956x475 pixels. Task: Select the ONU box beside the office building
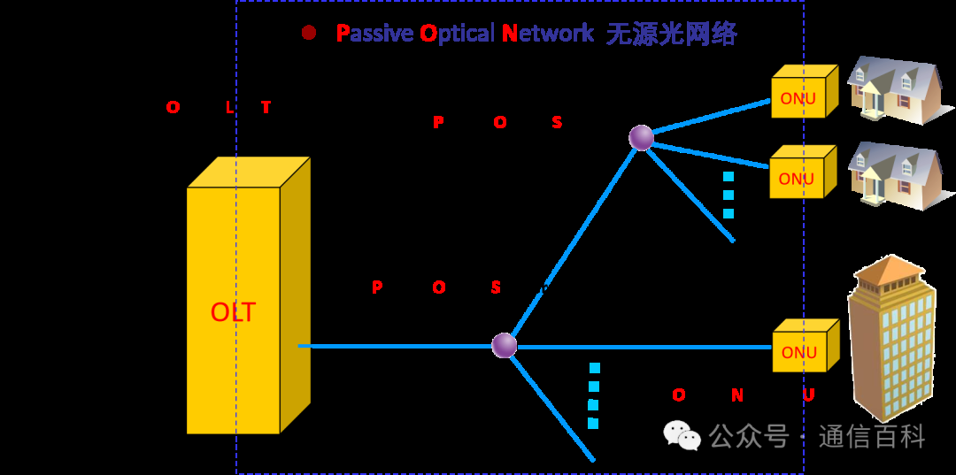805,346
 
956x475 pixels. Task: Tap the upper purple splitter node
641,138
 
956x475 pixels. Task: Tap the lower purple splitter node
504,345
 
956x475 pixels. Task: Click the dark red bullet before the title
309,33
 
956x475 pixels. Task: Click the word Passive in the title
372,34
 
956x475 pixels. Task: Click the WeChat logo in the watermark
682,434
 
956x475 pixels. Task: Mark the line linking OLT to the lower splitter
398,346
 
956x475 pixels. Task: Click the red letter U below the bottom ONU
807,395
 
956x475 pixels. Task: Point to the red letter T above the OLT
266,108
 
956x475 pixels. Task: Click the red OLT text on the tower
233,312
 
